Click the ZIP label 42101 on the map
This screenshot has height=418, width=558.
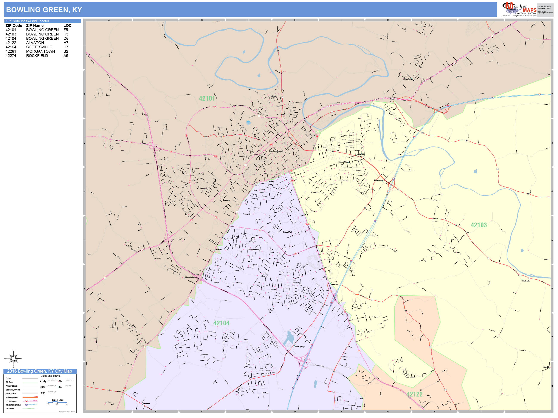pyautogui.click(x=207, y=98)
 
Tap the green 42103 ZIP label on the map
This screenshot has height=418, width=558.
pyautogui.click(x=479, y=225)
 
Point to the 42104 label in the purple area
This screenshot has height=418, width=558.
pyautogui.click(x=221, y=323)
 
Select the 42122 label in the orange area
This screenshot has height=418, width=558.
pyautogui.click(x=414, y=394)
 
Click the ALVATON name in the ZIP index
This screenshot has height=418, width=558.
pyautogui.click(x=35, y=43)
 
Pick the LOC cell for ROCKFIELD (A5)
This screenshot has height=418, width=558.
pyautogui.click(x=66, y=56)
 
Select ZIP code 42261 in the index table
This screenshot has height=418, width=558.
pyautogui.click(x=11, y=51)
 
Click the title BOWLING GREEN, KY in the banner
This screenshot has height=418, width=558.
pyautogui.click(x=44, y=10)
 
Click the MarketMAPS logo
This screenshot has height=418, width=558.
pyautogui.click(x=519, y=9)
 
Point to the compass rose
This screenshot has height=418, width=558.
pyautogui.click(x=13, y=358)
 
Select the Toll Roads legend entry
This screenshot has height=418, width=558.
pyautogui.click(x=10, y=409)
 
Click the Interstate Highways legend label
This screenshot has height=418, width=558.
pyautogui.click(x=13, y=405)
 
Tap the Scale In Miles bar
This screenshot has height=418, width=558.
pyautogui.click(x=57, y=402)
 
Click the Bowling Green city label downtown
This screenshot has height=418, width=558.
pyautogui.click(x=276, y=151)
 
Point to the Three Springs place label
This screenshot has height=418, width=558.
pyautogui.click(x=300, y=346)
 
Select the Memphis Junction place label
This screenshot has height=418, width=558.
pyautogui.click(x=191, y=277)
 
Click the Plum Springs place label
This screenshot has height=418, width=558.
pyautogui.click(x=408, y=79)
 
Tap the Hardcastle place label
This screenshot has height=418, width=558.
pyautogui.click(x=526, y=281)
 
